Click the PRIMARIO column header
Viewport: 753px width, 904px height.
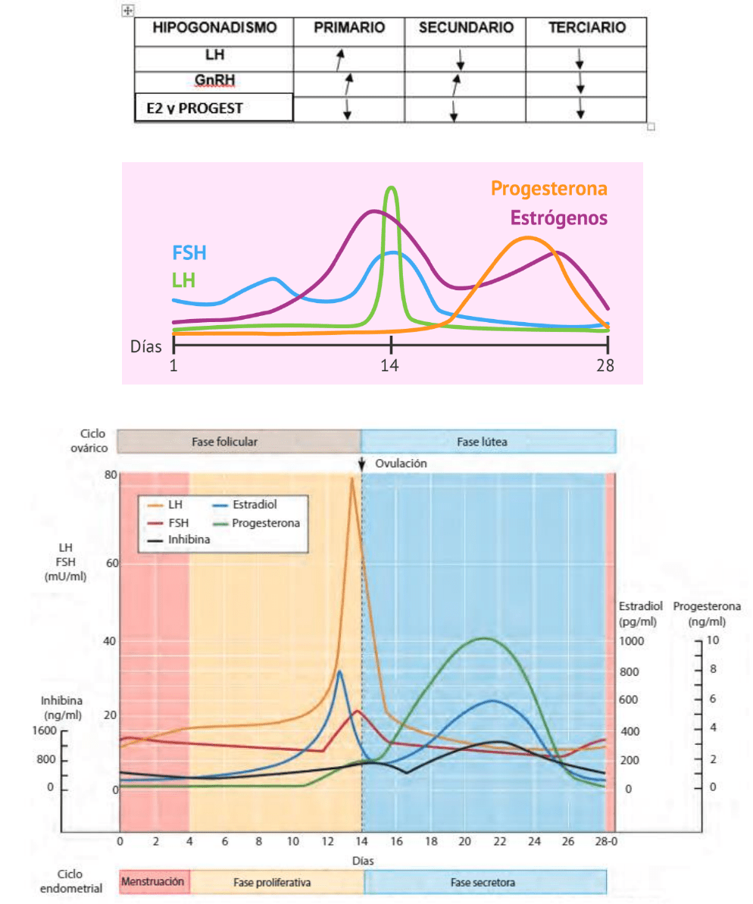pyautogui.click(x=349, y=28)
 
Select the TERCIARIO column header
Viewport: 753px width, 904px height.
pyautogui.click(x=587, y=28)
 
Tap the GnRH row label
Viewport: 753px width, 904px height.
pyautogui.click(x=213, y=80)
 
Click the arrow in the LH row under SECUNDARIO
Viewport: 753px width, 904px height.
pyautogui.click(x=460, y=59)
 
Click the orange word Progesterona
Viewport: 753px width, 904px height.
pyautogui.click(x=549, y=188)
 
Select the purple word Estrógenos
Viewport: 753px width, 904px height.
pyautogui.click(x=559, y=217)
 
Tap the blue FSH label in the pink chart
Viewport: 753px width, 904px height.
pyautogui.click(x=189, y=253)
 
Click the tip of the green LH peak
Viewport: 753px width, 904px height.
pyautogui.click(x=391, y=187)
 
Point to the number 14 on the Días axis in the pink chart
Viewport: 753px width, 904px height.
pyautogui.click(x=390, y=364)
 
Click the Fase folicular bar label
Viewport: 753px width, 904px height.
pyautogui.click(x=238, y=441)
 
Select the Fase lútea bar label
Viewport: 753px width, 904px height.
pyautogui.click(x=487, y=441)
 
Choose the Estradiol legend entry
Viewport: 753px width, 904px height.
pyautogui.click(x=259, y=502)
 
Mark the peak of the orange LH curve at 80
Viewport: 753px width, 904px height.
pyautogui.click(x=352, y=478)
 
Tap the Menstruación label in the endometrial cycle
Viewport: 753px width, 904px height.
pyautogui.click(x=152, y=883)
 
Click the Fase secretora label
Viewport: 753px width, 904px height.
pyautogui.click(x=483, y=883)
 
